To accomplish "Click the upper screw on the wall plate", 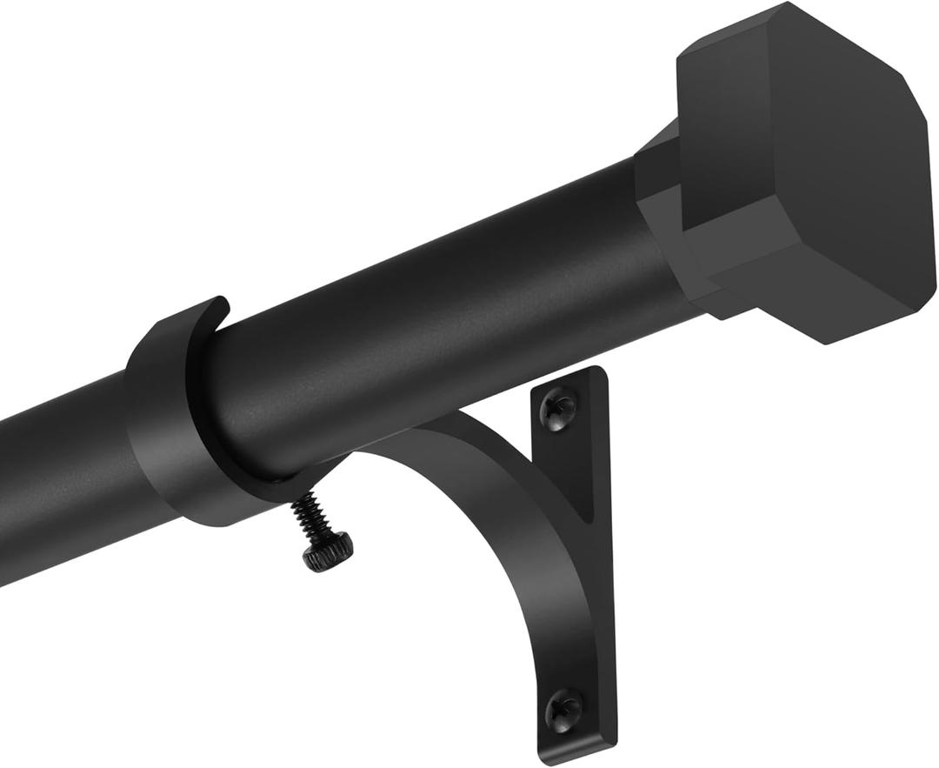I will coord(558,406).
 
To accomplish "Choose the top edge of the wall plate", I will coord(574,375).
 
